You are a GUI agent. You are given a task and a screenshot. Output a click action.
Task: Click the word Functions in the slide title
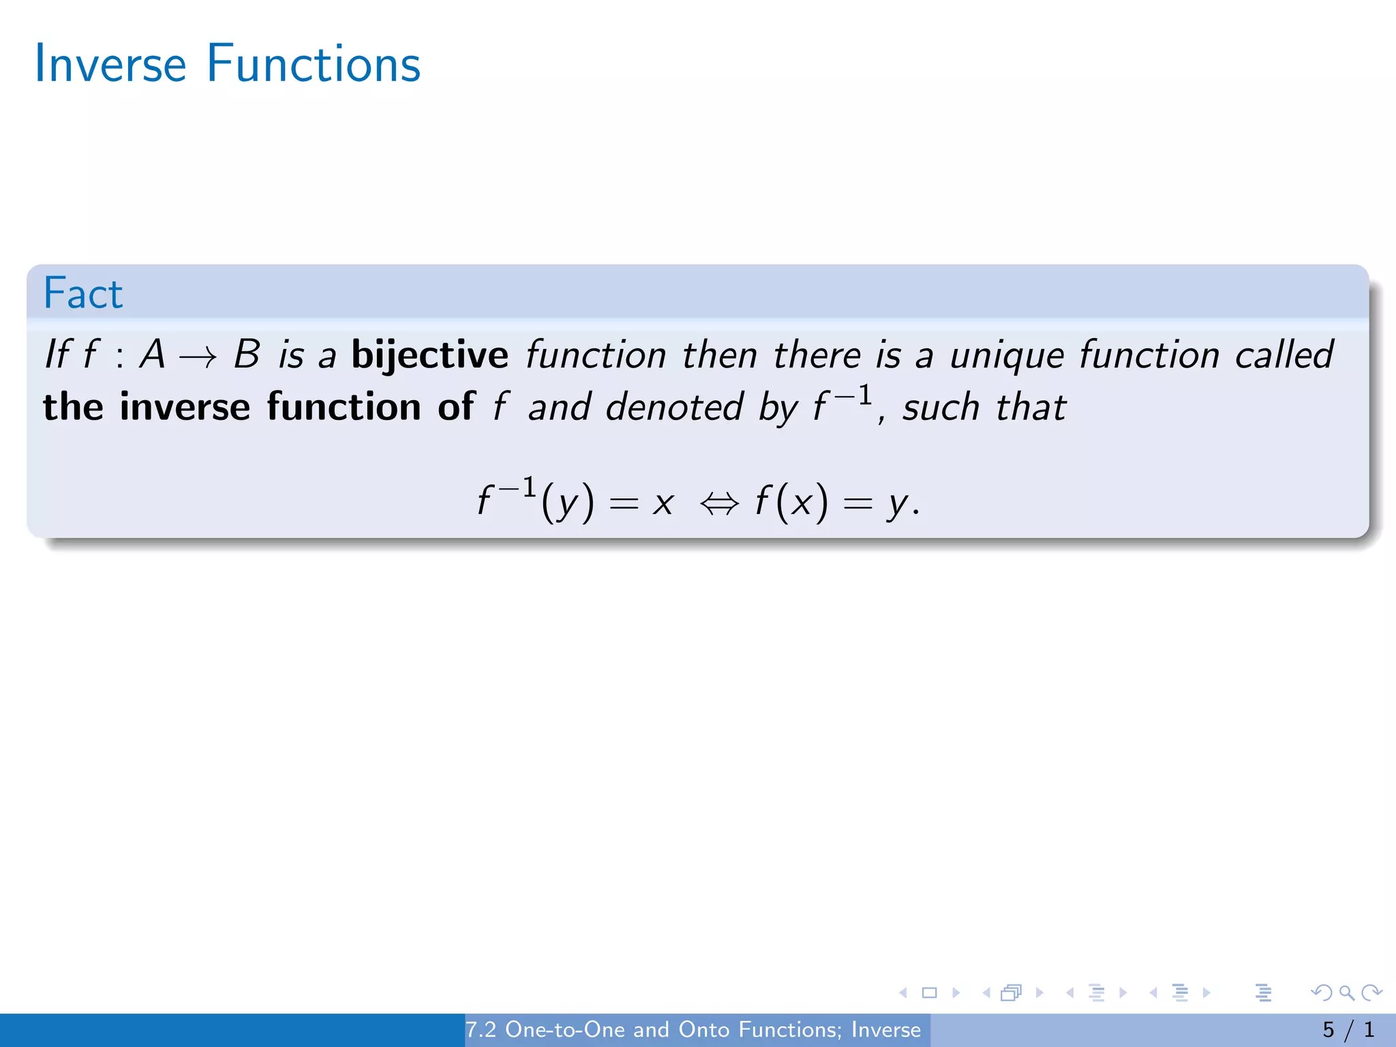[x=313, y=64]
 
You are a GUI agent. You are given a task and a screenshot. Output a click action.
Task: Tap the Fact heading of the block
[x=83, y=294]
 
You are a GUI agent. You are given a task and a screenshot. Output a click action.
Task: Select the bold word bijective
[x=429, y=355]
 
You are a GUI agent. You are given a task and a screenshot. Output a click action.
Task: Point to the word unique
[x=1006, y=356]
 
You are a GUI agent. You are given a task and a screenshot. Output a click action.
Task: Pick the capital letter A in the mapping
[x=153, y=355]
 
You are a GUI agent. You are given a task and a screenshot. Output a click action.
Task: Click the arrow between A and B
[x=198, y=356]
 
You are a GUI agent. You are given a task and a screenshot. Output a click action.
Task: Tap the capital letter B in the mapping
[x=246, y=355]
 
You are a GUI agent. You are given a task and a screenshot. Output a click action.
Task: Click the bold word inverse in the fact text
[x=185, y=407]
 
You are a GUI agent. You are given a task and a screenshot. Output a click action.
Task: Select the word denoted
[x=674, y=407]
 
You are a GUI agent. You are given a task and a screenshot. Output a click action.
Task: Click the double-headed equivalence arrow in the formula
[x=719, y=504]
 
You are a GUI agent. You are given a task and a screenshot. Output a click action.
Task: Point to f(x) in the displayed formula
[x=791, y=502]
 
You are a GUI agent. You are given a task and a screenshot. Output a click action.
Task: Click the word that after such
[x=1031, y=407]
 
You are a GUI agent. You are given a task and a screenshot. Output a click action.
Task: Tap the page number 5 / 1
[x=1348, y=1029]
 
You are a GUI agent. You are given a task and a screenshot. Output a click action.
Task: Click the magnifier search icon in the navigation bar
[x=1346, y=992]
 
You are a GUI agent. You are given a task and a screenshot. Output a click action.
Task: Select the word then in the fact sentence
[x=720, y=355]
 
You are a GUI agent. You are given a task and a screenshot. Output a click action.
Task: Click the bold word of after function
[x=455, y=407]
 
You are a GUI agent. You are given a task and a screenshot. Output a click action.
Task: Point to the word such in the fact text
[x=941, y=407]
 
